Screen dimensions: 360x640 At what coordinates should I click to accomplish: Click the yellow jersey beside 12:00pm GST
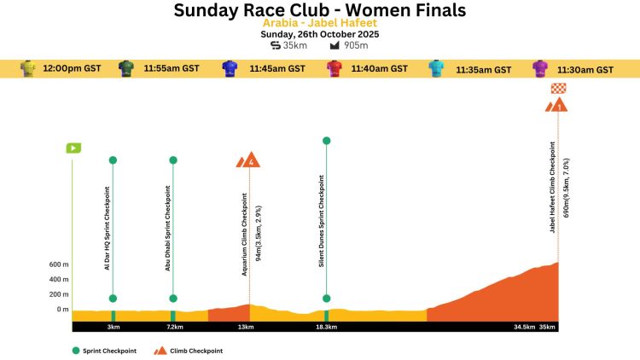click(x=28, y=68)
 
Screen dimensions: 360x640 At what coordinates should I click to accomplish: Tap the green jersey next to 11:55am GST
click(x=126, y=68)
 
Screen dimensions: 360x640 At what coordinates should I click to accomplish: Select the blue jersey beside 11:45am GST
click(x=230, y=68)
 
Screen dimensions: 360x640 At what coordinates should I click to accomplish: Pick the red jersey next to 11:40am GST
click(x=334, y=68)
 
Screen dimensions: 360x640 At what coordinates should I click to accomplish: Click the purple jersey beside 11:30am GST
click(x=540, y=68)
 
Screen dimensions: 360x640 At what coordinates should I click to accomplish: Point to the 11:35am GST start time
click(x=483, y=69)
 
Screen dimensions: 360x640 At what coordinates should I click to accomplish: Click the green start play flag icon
click(x=73, y=148)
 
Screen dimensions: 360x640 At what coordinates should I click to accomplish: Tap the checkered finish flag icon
click(x=559, y=88)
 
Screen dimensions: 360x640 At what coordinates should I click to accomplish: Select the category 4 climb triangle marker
click(x=250, y=160)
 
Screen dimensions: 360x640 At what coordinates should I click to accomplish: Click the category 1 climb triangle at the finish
click(x=558, y=106)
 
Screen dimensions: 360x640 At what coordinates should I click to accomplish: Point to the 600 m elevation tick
click(x=59, y=264)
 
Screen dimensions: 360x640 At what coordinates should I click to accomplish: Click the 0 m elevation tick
click(x=62, y=309)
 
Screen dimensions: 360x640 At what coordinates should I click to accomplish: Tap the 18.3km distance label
click(x=326, y=327)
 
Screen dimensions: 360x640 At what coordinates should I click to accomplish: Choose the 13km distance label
click(x=246, y=327)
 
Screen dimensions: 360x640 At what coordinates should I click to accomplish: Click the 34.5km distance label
click(x=524, y=327)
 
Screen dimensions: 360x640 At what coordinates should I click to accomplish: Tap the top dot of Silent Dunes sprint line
click(x=326, y=141)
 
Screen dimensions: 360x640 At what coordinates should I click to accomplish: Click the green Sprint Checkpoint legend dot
click(x=76, y=350)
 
